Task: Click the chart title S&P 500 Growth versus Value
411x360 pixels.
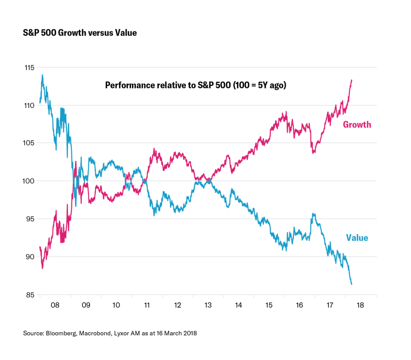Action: (x=80, y=32)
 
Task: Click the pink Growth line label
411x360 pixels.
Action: (x=357, y=124)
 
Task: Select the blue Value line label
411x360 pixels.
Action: (x=357, y=238)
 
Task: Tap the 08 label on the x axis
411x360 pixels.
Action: (x=55, y=305)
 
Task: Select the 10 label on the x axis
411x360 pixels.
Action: (x=116, y=305)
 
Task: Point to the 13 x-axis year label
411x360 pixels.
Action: (x=208, y=305)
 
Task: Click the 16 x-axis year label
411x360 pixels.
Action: (x=300, y=305)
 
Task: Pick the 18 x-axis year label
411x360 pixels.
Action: (x=360, y=305)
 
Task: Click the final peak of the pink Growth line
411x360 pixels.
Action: (x=351, y=80)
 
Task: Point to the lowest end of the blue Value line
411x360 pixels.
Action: (x=351, y=284)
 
